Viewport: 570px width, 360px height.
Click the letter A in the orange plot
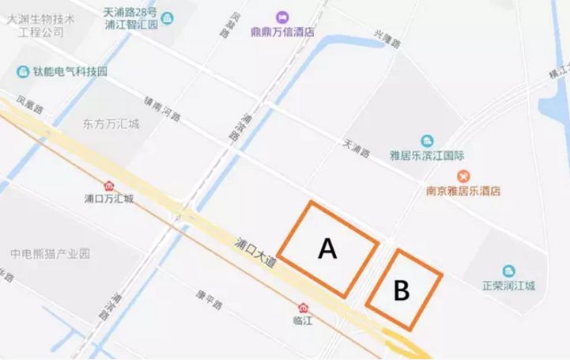pos(327,249)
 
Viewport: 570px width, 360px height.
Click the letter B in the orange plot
pos(402,290)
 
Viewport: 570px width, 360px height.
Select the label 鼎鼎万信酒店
pos(283,32)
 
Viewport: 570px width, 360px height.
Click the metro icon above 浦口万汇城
pos(108,185)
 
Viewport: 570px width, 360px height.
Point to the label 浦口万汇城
pos(108,199)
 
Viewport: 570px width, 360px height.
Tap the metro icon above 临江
pos(303,307)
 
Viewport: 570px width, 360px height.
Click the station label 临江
pos(303,320)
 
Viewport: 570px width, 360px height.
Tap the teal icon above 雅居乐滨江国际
pos(427,140)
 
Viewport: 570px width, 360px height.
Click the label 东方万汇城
pos(111,123)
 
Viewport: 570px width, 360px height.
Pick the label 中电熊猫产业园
pos(51,254)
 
